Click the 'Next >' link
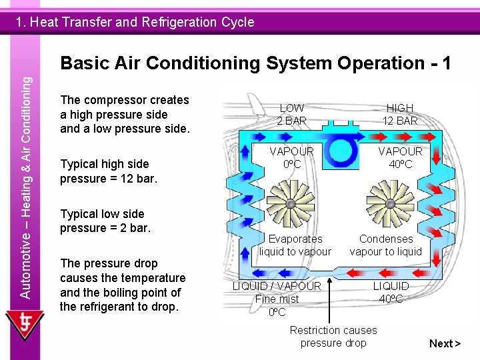(x=445, y=343)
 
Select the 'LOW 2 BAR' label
(x=292, y=114)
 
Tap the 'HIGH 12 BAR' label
(x=399, y=114)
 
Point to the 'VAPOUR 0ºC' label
(x=292, y=157)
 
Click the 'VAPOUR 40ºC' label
(x=399, y=157)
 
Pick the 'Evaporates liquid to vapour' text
(x=295, y=245)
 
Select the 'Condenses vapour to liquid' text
(x=385, y=245)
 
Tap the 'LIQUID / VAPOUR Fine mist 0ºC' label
(x=277, y=299)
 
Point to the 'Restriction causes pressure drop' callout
(x=333, y=336)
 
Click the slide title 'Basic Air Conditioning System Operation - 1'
(x=255, y=63)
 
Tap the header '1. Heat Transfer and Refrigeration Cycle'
(x=135, y=22)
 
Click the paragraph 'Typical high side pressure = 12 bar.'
(x=108, y=171)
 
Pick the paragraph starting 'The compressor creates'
(x=125, y=114)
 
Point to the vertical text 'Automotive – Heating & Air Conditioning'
(x=25, y=187)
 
